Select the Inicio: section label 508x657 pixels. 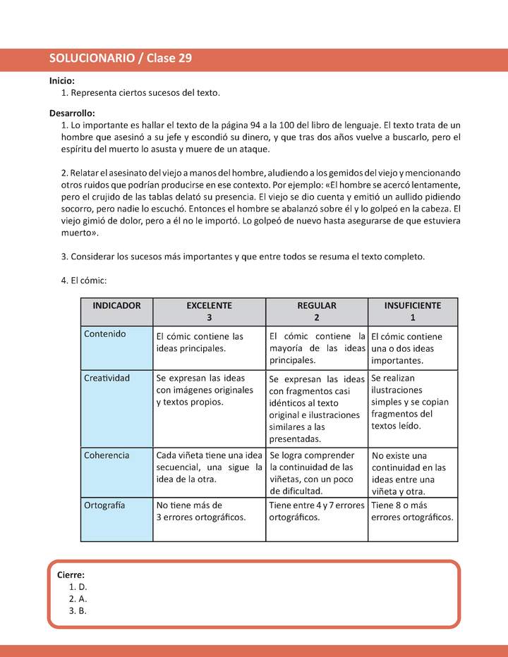click(x=62, y=81)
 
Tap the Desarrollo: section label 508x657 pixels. click(x=72, y=113)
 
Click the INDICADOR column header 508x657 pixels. click(x=116, y=306)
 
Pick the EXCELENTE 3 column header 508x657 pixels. click(x=209, y=312)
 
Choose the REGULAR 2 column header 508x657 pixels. click(x=317, y=312)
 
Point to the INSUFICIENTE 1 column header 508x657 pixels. click(x=413, y=312)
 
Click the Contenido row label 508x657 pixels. click(x=104, y=334)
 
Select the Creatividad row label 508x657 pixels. click(x=107, y=378)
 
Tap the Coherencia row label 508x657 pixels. click(x=107, y=455)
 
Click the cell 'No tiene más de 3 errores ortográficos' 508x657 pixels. click(x=201, y=511)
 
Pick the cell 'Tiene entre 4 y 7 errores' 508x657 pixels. click(x=317, y=511)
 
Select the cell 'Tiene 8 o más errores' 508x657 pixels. click(x=413, y=511)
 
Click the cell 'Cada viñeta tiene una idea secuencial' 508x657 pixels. click(x=209, y=467)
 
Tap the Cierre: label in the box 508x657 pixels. click(x=71, y=575)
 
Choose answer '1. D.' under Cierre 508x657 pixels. click(x=78, y=587)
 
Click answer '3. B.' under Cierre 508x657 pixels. click(x=78, y=610)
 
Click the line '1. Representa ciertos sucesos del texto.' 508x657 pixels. click(x=141, y=93)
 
